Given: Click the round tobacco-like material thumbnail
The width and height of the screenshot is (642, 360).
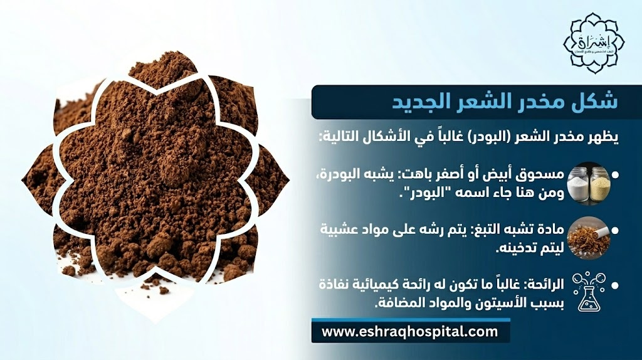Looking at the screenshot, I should click(x=588, y=236).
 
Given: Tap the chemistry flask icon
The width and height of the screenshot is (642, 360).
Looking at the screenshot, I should click(x=589, y=292).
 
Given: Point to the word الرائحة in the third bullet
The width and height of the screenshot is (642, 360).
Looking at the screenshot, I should click(x=544, y=285).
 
